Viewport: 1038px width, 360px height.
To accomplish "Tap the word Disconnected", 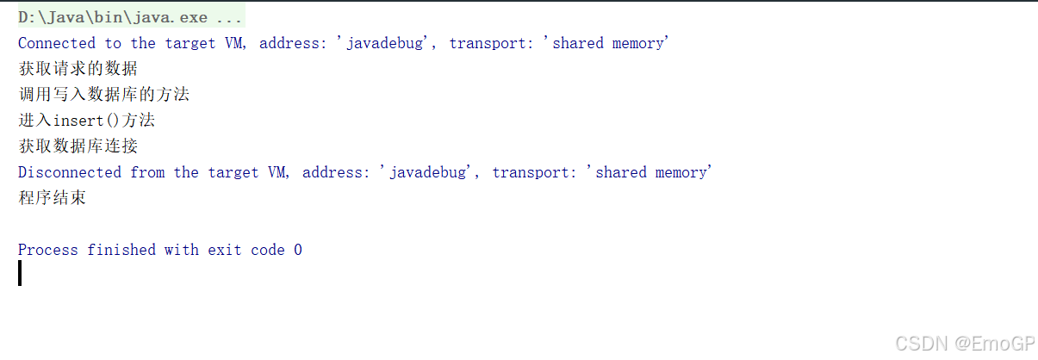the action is pyautogui.click(x=69, y=172).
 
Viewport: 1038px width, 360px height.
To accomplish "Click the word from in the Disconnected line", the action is pyautogui.click(x=147, y=172).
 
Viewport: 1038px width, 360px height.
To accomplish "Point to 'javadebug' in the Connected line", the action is pyautogui.click(x=388, y=43).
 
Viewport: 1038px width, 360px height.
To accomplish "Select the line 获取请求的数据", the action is pyautogui.click(x=78, y=69).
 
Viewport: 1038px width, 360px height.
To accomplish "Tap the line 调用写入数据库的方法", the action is pyautogui.click(x=103, y=95).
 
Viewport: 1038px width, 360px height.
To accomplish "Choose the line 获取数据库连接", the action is pyautogui.click(x=78, y=146).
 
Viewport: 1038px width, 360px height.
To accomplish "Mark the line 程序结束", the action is pyautogui.click(x=52, y=198).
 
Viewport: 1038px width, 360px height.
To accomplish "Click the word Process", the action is pyautogui.click(x=48, y=250).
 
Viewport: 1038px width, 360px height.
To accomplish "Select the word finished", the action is pyautogui.click(x=121, y=250).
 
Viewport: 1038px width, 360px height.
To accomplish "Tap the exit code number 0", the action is pyautogui.click(x=298, y=250).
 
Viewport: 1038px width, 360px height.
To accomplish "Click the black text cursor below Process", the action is pyautogui.click(x=20, y=273).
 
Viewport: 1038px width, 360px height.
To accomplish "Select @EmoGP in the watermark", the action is pyautogui.click(x=990, y=344).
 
